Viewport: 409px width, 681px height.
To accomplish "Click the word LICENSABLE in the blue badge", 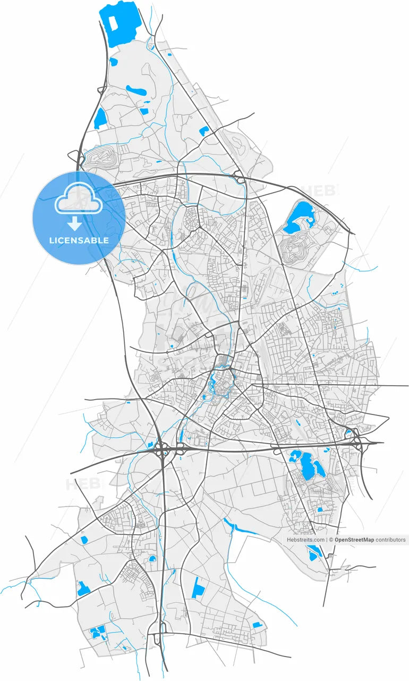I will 79,240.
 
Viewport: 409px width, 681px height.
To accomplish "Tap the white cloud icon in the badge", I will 79,199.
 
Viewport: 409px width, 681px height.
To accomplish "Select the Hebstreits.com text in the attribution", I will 305,539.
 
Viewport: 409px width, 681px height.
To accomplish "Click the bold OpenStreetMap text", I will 354,539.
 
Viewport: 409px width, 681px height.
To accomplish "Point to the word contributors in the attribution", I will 390,539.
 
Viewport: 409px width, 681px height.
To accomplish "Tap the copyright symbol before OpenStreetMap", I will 331,539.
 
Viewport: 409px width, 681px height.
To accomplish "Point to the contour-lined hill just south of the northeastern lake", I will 294,249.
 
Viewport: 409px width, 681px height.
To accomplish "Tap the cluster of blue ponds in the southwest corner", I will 98,633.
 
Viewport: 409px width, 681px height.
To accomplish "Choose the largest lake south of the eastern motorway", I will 306,465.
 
